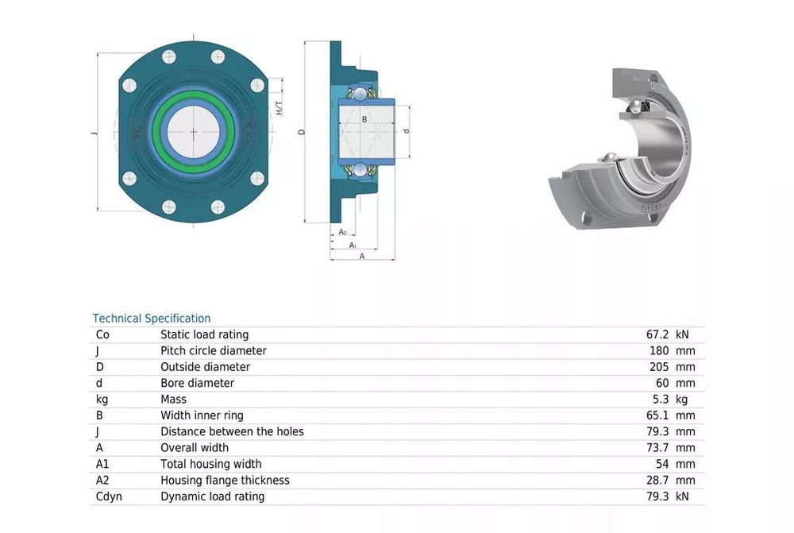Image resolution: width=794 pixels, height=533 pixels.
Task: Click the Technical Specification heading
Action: pyautogui.click(x=152, y=319)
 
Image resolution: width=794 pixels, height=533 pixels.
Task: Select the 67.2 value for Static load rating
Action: pyautogui.click(x=657, y=334)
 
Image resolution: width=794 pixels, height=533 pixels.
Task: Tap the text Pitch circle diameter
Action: pyautogui.click(x=213, y=350)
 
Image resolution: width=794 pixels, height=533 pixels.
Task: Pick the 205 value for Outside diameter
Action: pyautogui.click(x=659, y=367)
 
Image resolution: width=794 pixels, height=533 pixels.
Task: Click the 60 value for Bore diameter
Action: pyautogui.click(x=662, y=383)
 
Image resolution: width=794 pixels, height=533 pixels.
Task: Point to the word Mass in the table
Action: pyautogui.click(x=173, y=400)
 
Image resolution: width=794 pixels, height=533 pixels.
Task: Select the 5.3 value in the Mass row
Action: pyautogui.click(x=661, y=400)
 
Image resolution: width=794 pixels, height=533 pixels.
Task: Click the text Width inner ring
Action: pyautogui.click(x=202, y=415)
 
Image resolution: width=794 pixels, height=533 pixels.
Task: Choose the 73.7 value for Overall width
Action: pyautogui.click(x=657, y=448)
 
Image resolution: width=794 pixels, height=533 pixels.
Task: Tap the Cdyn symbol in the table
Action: pyautogui.click(x=109, y=496)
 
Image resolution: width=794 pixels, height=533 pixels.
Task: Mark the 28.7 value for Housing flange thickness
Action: pyautogui.click(x=657, y=481)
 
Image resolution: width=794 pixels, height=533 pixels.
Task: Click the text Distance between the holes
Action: pyautogui.click(x=232, y=431)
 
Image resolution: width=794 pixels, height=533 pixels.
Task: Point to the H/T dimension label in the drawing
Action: pyautogui.click(x=279, y=108)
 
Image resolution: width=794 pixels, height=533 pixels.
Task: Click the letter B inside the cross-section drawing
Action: pyautogui.click(x=364, y=120)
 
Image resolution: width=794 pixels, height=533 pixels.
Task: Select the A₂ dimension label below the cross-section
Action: pyautogui.click(x=342, y=232)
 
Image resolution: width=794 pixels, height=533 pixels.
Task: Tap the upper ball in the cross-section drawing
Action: pyautogui.click(x=360, y=93)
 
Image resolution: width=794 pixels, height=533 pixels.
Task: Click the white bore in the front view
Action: pyautogui.click(x=194, y=133)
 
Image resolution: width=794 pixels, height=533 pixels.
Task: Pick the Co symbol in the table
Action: pyautogui.click(x=102, y=334)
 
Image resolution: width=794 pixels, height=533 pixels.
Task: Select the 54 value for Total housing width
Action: pyautogui.click(x=662, y=464)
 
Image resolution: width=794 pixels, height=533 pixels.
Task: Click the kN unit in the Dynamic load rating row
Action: pyautogui.click(x=682, y=496)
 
